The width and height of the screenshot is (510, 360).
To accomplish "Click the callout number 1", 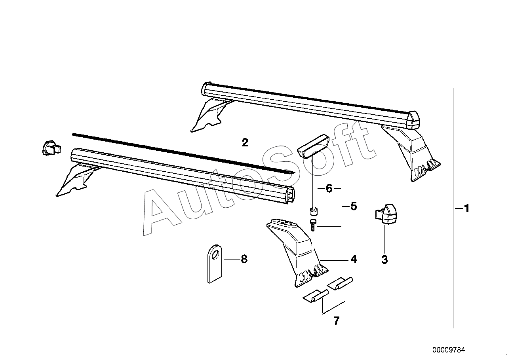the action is point(466,208).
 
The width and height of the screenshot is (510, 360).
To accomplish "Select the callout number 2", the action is point(245,142).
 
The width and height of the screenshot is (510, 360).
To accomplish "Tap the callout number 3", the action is point(384,260).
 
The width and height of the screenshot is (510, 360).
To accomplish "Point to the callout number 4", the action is point(354,259).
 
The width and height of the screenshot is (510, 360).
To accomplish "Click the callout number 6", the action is point(329,188).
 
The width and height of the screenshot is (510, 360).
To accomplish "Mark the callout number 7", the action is point(336,321).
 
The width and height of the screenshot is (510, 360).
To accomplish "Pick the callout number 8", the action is point(244,259).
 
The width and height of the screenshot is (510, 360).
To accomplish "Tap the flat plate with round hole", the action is point(214,263).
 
